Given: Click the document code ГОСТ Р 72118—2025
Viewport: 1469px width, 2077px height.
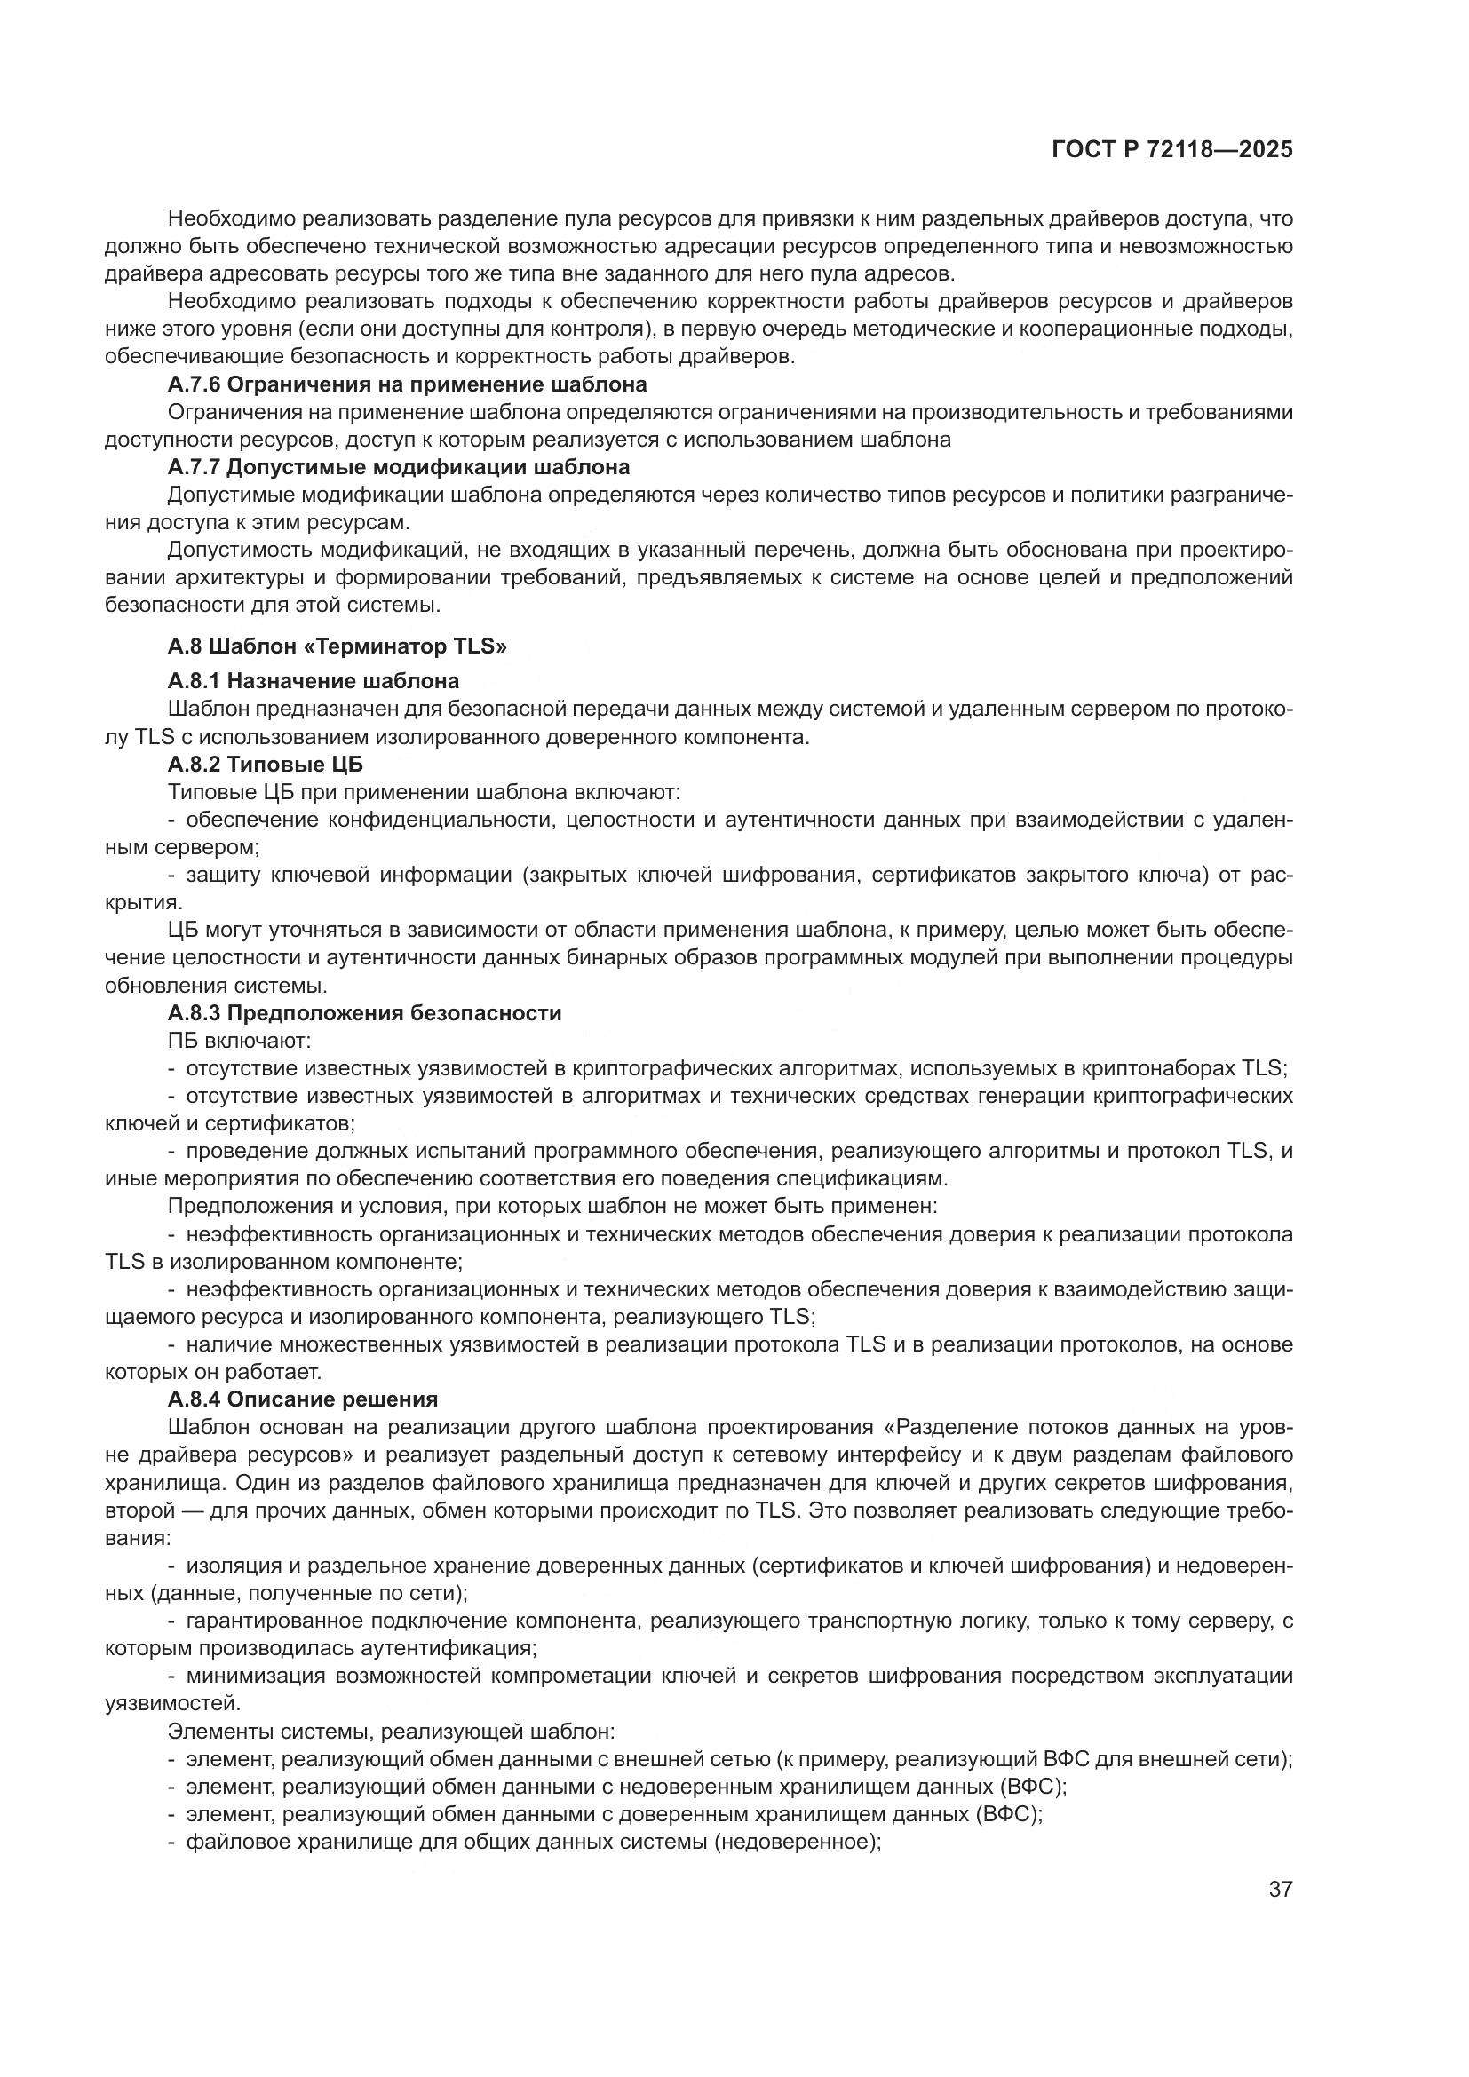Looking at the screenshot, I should [x=1172, y=150].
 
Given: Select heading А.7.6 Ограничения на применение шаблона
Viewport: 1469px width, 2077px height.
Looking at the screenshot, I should [x=407, y=384].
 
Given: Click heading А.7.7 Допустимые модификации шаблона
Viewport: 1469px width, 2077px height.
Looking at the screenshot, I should [x=399, y=468].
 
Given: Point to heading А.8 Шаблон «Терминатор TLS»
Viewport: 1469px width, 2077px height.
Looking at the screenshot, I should [x=337, y=646].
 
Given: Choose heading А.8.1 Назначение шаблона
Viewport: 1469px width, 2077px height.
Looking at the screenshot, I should [x=313, y=680].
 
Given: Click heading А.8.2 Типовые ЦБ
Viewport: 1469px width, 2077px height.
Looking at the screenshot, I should [x=265, y=765].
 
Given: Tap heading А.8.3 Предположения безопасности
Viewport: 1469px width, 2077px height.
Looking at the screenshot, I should [x=364, y=1013].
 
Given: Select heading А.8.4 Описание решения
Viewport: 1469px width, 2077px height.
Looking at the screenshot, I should [x=303, y=1399].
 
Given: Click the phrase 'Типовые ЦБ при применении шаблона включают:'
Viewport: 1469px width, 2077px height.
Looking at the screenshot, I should [x=424, y=792].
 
